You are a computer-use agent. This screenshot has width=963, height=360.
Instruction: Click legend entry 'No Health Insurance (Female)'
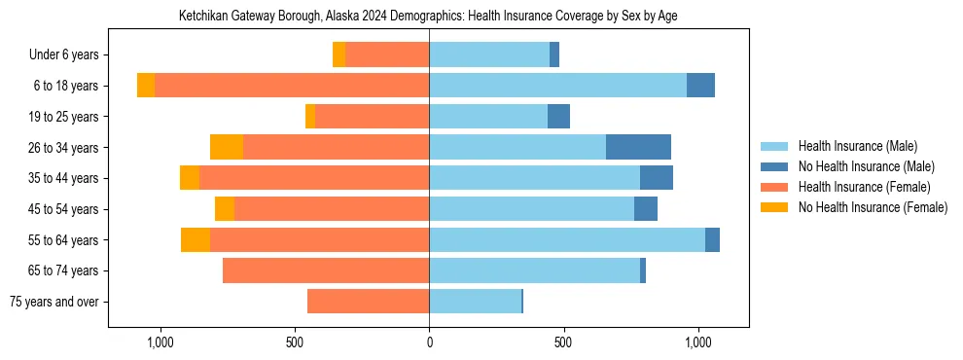(x=873, y=207)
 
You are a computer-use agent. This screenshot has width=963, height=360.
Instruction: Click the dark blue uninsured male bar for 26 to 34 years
(x=638, y=147)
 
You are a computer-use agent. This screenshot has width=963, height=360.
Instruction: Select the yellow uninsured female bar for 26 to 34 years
(x=227, y=147)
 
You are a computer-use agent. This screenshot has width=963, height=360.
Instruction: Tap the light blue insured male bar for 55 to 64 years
(x=567, y=239)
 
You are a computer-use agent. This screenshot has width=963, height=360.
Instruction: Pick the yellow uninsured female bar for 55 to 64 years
(x=196, y=239)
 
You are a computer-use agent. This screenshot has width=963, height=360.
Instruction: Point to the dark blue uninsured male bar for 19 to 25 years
(x=558, y=117)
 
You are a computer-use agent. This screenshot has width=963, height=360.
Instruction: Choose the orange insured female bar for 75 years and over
(x=369, y=302)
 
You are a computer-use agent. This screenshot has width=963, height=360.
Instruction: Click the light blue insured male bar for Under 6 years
(x=489, y=55)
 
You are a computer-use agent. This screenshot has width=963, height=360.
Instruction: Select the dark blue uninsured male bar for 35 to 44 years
(x=657, y=178)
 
